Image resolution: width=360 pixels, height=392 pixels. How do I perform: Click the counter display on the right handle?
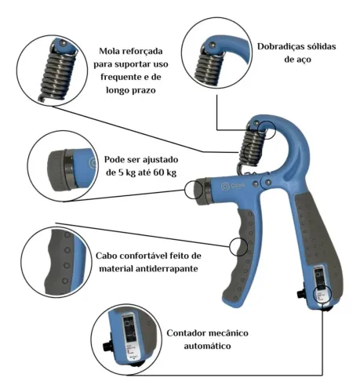(x=321, y=278)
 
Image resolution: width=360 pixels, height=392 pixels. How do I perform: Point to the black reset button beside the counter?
(x=302, y=296)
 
